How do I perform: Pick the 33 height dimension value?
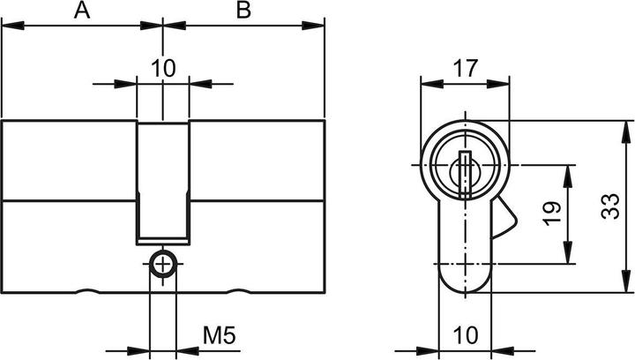[607, 208]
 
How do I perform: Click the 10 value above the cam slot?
[163, 67]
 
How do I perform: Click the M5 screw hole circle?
[163, 264]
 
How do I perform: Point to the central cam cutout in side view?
[163, 181]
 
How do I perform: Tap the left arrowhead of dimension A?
[9, 26]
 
